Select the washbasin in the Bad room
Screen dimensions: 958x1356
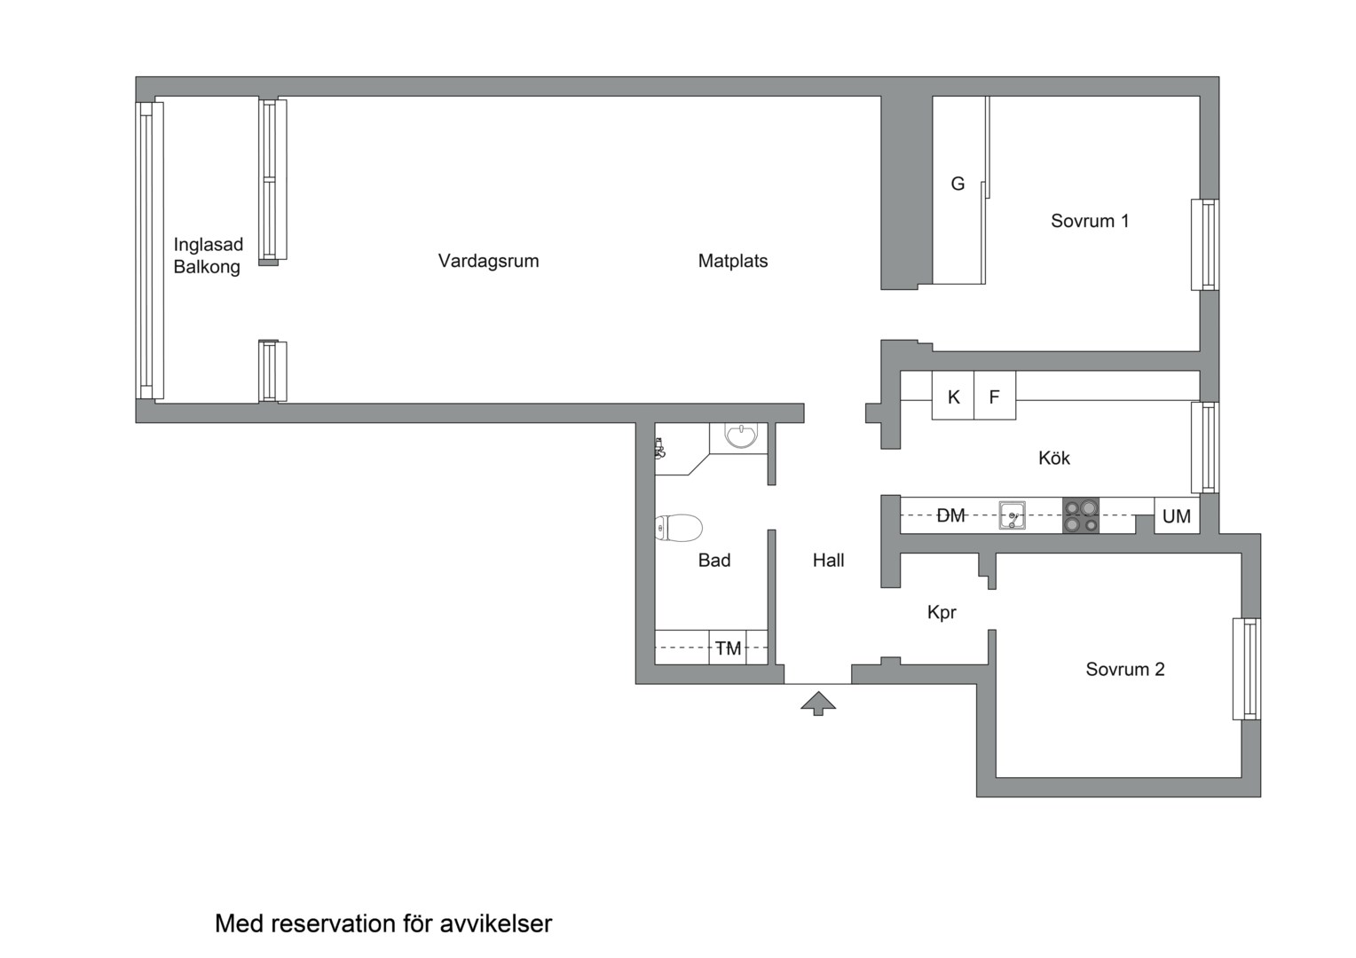(740, 436)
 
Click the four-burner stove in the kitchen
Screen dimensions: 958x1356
(1081, 515)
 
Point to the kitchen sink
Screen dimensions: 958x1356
(1012, 515)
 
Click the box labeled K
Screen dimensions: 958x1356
(953, 397)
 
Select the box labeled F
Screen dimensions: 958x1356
(995, 397)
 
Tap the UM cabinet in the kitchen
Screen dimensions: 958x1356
(1177, 516)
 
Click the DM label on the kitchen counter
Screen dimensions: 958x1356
(950, 515)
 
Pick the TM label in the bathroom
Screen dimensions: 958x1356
(729, 648)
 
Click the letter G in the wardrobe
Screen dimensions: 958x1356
(958, 184)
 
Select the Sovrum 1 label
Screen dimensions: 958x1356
(1090, 221)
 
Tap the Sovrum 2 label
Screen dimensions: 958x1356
(1124, 669)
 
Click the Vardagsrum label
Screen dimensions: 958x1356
(488, 261)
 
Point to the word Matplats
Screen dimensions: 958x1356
(732, 261)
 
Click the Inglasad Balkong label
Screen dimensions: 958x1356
(208, 255)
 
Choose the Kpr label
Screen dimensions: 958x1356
(942, 612)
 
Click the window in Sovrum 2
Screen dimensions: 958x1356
(1246, 669)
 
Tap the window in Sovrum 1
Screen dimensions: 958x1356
(1204, 245)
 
